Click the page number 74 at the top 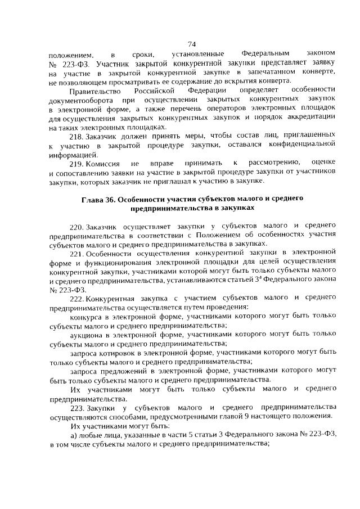191,44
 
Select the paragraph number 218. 76,136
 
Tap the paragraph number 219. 76,163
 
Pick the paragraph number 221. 76,253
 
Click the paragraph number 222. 76,297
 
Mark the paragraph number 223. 76,406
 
